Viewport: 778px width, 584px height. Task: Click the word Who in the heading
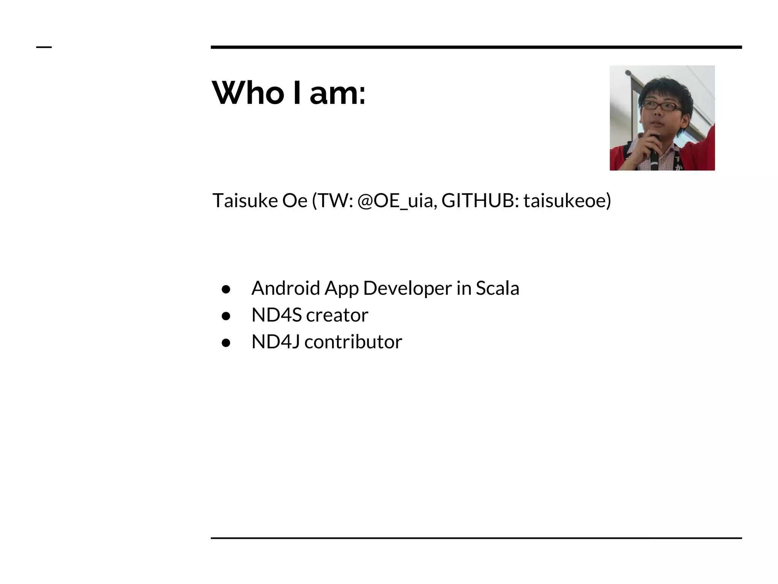click(x=248, y=93)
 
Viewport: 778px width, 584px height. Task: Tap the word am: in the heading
click(x=337, y=94)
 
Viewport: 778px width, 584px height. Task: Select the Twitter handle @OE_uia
click(x=397, y=200)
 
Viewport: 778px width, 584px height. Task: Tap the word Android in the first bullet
click(x=286, y=288)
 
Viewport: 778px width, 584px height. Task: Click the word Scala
click(x=497, y=288)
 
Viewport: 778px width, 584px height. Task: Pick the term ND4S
click(x=276, y=315)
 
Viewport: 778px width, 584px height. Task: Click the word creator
click(x=337, y=315)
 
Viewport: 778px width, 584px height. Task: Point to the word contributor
click(x=353, y=341)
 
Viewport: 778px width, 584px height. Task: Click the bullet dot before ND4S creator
click(x=226, y=316)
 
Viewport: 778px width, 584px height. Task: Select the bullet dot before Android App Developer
click(x=226, y=289)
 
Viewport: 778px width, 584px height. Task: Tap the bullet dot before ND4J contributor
click(x=226, y=343)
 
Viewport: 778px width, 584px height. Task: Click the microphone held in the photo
click(x=654, y=148)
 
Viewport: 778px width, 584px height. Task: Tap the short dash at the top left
click(x=44, y=47)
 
